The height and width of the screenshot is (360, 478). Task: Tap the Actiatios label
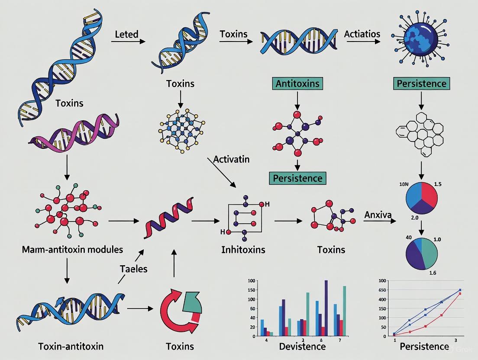[362, 34]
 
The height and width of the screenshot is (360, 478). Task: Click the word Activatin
[231, 159]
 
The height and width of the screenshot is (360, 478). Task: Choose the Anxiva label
[378, 215]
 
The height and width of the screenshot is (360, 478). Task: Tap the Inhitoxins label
[243, 250]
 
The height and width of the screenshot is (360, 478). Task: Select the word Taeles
[133, 269]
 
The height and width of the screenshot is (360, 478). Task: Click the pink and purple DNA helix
[74, 130]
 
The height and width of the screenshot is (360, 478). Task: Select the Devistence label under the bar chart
[302, 346]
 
